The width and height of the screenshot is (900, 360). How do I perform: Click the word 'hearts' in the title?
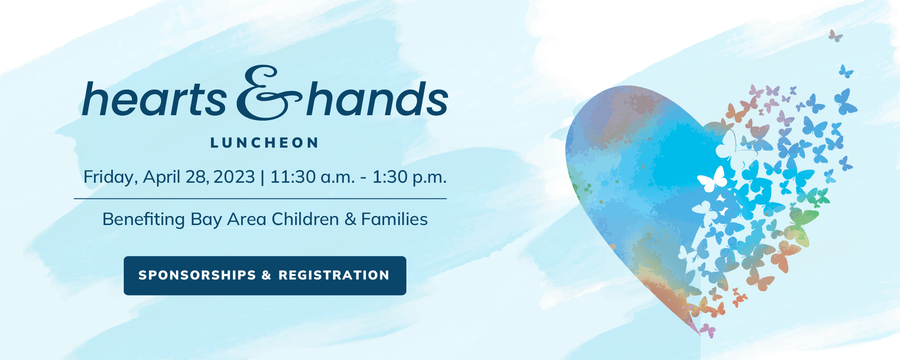tap(154, 99)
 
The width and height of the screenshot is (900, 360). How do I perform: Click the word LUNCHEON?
tap(265, 143)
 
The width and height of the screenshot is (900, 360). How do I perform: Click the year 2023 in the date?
tap(234, 177)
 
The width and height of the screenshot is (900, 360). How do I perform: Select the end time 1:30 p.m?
tap(409, 177)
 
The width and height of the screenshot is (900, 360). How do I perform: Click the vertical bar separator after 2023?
tap(262, 177)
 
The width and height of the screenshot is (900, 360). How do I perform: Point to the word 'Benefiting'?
tap(144, 220)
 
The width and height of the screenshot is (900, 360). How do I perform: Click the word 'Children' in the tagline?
tap(305, 219)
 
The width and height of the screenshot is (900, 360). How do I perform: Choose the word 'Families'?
tap(394, 219)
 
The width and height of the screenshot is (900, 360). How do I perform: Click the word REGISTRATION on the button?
tap(334, 275)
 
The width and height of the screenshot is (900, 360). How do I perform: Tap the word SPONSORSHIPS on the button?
tap(197, 275)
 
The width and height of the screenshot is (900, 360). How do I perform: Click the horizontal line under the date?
tap(260, 198)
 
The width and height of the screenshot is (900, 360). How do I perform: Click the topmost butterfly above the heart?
tap(836, 36)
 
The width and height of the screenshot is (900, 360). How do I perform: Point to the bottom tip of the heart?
tap(700, 334)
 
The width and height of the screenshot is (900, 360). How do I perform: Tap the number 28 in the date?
tap(195, 177)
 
